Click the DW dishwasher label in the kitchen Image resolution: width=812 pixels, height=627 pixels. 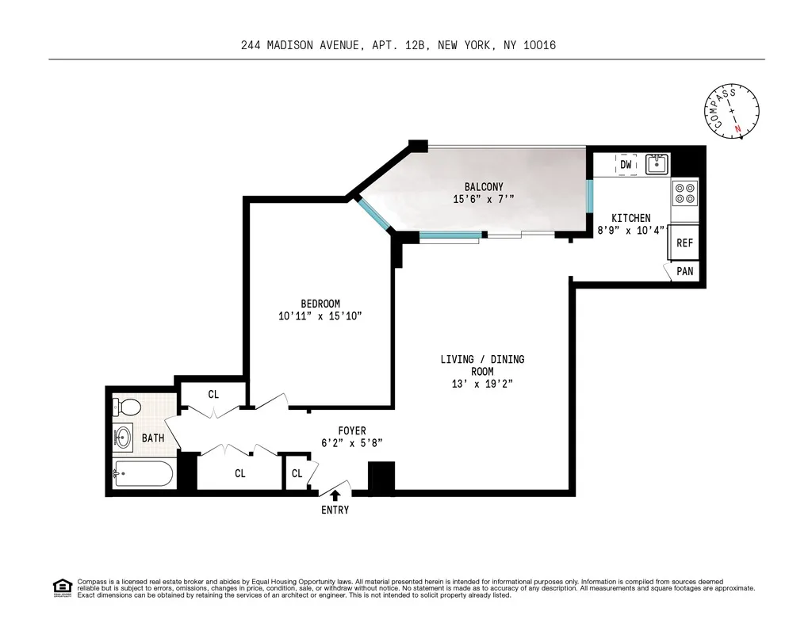point(626,165)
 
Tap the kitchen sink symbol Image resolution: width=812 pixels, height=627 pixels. point(656,165)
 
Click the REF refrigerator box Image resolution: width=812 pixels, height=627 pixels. point(684,243)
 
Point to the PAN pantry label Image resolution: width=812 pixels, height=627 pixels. point(685,271)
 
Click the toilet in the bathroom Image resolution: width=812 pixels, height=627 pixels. point(128,407)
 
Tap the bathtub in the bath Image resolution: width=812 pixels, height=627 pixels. point(144,475)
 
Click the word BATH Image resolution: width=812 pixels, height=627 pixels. point(153,438)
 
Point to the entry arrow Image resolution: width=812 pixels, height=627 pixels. point(335,495)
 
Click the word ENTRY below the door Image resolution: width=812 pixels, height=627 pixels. point(335,510)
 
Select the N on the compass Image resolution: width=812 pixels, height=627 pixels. point(739,128)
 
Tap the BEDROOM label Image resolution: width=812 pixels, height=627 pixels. point(320,304)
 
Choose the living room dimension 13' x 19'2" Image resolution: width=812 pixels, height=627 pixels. point(482,384)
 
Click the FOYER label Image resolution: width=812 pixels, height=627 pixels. point(352,431)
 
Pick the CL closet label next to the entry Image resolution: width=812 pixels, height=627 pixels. point(297,474)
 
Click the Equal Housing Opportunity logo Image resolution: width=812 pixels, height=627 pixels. point(62,587)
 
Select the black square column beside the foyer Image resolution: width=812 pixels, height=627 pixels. point(381,478)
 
